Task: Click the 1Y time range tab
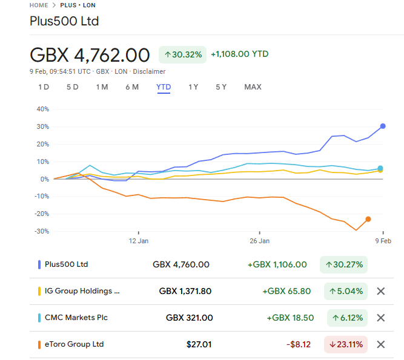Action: coord(193,87)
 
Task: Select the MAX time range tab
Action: coord(253,87)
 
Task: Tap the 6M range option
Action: coord(132,87)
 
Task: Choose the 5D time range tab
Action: coord(73,87)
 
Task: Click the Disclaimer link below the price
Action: coord(149,71)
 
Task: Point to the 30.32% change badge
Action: coord(182,54)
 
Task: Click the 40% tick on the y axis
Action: coord(42,109)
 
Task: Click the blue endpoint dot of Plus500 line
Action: coord(383,126)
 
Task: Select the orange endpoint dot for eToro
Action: coord(368,219)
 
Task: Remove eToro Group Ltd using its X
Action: coord(381,344)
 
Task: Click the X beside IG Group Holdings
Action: coord(381,291)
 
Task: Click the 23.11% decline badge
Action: coord(345,344)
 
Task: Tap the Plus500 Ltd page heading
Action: coord(64,21)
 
